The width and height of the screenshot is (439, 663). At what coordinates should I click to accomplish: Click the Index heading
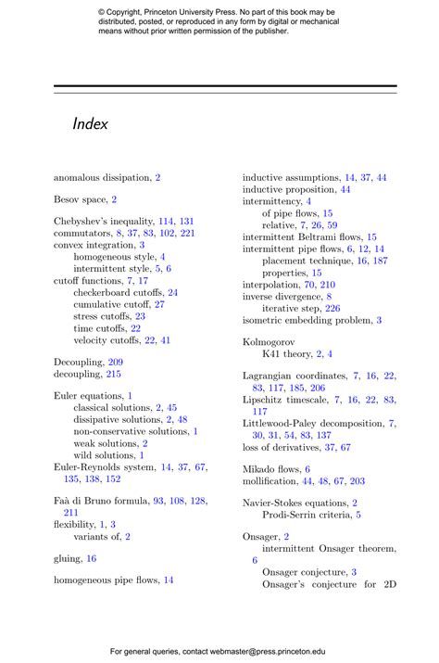[x=90, y=123]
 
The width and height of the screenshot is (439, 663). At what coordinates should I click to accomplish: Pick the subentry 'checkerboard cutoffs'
[x=119, y=292]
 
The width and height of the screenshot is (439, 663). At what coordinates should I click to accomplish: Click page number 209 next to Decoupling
[x=116, y=362]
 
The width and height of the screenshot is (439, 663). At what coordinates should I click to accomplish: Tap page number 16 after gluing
[x=92, y=558]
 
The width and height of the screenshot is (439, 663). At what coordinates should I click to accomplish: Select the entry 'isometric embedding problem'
[x=307, y=320]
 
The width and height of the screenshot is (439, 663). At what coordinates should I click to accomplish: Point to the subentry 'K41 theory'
[x=286, y=354]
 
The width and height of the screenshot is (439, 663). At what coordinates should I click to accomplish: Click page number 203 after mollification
[x=357, y=481]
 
